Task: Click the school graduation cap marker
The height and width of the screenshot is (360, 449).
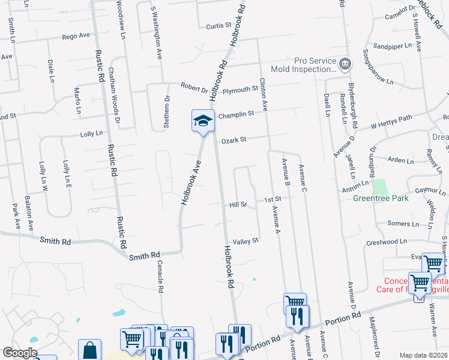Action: [x=203, y=121]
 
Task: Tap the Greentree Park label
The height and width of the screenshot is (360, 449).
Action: [x=381, y=198]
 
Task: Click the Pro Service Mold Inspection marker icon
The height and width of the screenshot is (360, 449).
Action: [x=345, y=64]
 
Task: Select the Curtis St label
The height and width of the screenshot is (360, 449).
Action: [x=218, y=26]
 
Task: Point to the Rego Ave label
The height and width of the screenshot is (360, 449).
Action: [x=76, y=36]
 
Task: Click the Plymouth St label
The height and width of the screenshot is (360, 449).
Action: [x=240, y=90]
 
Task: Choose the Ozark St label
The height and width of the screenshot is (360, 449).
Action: [x=234, y=140]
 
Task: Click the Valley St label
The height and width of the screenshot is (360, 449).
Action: [x=246, y=240]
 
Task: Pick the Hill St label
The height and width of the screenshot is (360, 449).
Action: [x=238, y=205]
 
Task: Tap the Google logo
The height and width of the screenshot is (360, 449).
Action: [x=20, y=353]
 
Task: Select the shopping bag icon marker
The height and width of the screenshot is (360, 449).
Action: [x=90, y=350]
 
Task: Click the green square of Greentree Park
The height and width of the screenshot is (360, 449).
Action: [x=378, y=186]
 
